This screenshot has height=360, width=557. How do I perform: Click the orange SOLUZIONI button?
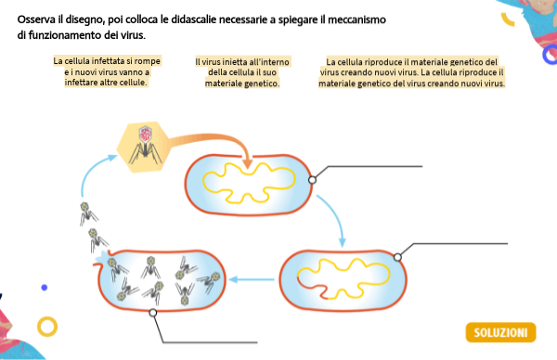500,332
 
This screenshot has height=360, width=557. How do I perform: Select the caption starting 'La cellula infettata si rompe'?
101,71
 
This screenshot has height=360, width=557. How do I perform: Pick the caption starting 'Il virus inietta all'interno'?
242,71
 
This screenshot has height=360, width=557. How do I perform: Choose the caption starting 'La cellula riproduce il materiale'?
411,71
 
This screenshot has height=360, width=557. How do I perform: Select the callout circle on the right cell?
398,256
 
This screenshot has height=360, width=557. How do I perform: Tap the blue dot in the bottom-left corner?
45,288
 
